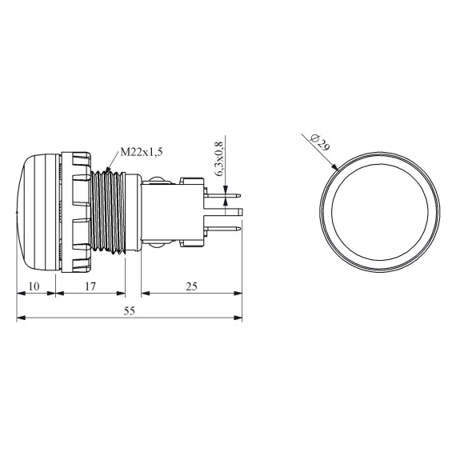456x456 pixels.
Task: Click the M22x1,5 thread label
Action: coord(142,152)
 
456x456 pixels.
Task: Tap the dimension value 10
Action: coord(34,286)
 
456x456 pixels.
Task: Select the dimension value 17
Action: coord(90,286)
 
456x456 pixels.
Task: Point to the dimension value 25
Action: coord(191,286)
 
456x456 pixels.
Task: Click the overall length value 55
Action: coord(130,311)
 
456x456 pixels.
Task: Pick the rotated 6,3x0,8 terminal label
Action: coord(219,158)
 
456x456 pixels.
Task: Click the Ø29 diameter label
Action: coord(320,142)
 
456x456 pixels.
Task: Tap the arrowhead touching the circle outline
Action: coord(335,167)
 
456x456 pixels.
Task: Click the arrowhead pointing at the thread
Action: coord(108,170)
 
